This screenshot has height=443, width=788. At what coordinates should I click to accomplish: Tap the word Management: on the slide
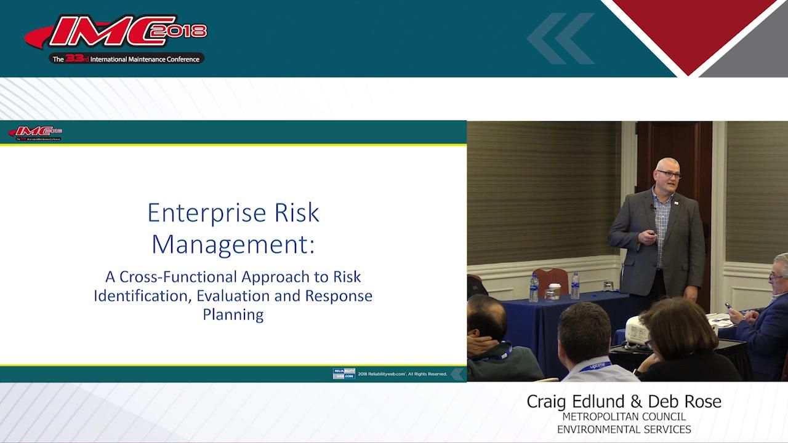tap(233, 244)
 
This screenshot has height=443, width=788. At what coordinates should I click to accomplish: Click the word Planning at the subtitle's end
tap(233, 314)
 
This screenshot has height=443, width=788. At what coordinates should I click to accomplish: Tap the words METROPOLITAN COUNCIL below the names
tap(624, 417)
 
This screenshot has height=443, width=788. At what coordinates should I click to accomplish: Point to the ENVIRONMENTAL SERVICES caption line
tap(624, 429)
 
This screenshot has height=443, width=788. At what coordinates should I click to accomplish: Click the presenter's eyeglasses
tap(669, 175)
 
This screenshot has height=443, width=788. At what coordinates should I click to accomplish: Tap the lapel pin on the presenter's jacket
tap(676, 201)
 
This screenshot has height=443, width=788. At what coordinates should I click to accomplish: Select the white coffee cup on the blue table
tap(554, 291)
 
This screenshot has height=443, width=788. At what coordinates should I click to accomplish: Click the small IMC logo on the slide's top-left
tap(35, 132)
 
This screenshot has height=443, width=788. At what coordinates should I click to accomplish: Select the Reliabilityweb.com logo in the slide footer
tap(344, 373)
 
